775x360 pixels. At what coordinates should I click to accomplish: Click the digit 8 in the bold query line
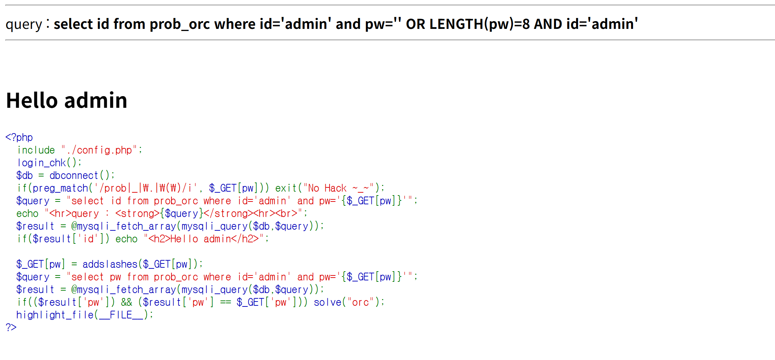[526, 24]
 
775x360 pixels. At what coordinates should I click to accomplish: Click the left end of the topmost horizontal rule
[6, 5]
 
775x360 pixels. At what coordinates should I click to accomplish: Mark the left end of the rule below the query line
[6, 40]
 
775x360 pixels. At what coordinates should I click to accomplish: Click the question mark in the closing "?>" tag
[8, 327]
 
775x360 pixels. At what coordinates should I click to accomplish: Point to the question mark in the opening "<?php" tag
[13, 137]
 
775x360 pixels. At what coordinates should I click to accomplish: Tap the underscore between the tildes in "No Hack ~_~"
[361, 191]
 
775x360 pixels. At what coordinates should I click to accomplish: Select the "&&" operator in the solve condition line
[126, 302]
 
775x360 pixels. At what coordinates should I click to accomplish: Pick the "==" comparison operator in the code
[225, 302]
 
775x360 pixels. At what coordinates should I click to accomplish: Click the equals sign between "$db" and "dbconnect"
[41, 175]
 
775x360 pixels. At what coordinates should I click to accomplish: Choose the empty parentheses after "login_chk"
[71, 163]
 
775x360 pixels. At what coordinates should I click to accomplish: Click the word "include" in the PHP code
[36, 150]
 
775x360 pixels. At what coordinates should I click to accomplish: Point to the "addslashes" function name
[110, 264]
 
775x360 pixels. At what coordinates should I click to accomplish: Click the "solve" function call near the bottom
[327, 302]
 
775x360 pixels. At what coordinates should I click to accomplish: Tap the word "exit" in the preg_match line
[286, 188]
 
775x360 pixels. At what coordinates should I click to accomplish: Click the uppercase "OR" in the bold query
[416, 24]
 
